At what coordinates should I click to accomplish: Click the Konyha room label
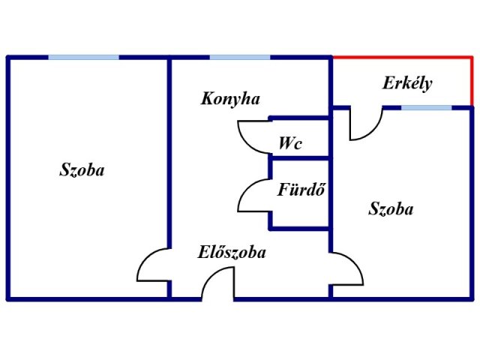230,99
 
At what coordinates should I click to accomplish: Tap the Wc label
290,143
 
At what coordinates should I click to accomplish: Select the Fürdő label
301,189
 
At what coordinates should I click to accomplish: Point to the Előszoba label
232,252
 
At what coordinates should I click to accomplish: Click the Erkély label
407,83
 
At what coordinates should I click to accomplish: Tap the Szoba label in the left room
82,169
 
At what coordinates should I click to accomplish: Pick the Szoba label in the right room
391,208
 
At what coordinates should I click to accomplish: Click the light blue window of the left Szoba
83,57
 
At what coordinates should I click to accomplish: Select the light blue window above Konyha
240,57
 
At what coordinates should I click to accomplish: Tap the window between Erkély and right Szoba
427,108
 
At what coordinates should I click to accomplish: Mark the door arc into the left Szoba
145,259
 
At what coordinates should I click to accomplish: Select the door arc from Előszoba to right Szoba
355,262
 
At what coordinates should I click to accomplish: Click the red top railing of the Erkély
402,57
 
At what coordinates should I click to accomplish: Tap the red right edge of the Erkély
472,82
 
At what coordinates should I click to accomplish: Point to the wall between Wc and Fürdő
300,158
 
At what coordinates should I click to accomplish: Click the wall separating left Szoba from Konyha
169,153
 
